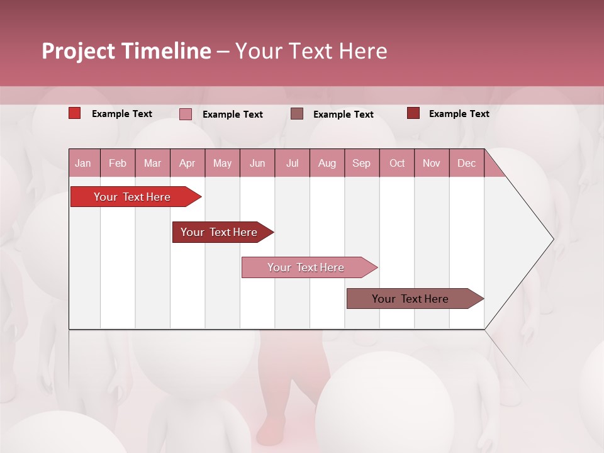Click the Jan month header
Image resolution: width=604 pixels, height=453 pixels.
click(83, 163)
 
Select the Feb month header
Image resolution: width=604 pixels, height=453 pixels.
click(118, 163)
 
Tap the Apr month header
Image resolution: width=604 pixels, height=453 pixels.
click(187, 163)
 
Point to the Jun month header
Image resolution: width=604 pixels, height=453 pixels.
click(257, 163)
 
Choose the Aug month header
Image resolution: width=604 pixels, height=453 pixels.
click(327, 163)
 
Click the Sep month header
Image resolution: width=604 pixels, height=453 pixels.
click(361, 163)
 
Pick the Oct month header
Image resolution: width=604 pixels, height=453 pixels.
click(397, 163)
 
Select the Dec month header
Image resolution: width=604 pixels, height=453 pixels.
click(466, 163)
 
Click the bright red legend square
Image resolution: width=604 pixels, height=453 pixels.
click(75, 113)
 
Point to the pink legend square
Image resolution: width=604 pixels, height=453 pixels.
click(186, 114)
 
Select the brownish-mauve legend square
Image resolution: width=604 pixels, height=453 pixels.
click(297, 113)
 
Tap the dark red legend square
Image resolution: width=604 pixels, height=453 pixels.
click(413, 113)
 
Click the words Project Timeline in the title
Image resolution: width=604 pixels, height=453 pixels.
click(126, 51)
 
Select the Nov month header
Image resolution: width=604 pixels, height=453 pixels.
click(432, 163)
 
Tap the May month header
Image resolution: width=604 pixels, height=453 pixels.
click(222, 163)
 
